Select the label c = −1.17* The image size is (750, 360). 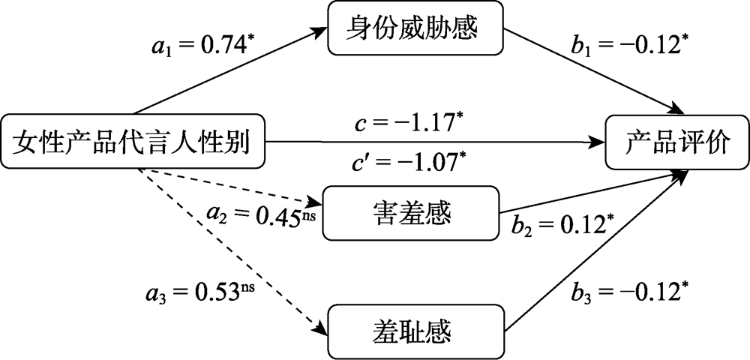[x=409, y=121]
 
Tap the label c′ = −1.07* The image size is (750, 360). [x=409, y=160]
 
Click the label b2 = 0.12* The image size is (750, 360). [x=559, y=226]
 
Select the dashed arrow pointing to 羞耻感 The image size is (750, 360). [x=232, y=247]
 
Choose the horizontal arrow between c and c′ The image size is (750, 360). [x=435, y=141]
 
